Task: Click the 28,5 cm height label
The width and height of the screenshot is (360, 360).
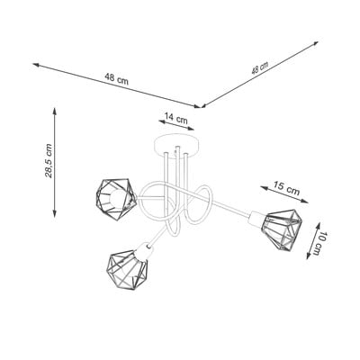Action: click(49, 161)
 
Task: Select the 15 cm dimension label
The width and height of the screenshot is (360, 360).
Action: click(286, 188)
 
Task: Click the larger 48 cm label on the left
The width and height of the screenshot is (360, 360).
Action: click(117, 79)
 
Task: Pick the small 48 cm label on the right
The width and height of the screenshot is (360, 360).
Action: click(260, 68)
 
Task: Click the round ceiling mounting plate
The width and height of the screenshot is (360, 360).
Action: click(176, 147)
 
